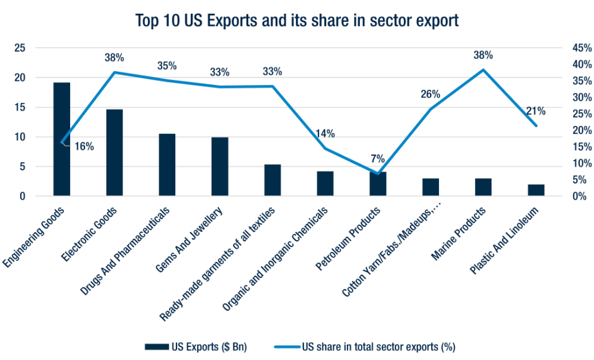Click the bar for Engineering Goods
point(62,139)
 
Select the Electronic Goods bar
point(115,153)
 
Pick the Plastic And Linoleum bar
point(536,190)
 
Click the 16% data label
point(84,146)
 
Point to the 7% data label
point(378,159)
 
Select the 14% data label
point(325,133)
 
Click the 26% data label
point(430,94)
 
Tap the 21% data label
point(536,110)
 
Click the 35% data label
point(167,66)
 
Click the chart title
point(297,20)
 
